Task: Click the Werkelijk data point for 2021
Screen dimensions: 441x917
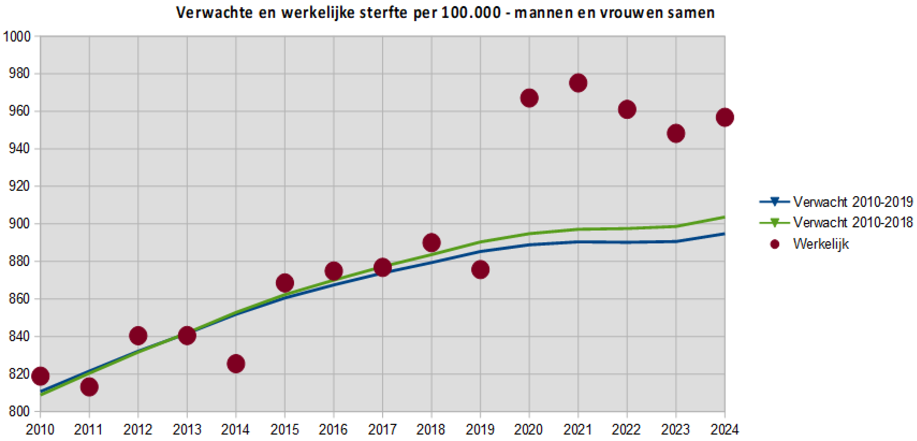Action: [578, 83]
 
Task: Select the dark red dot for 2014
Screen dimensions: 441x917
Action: [236, 364]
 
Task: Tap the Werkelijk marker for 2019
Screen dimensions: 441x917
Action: [480, 270]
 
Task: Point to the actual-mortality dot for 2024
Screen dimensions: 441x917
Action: [725, 117]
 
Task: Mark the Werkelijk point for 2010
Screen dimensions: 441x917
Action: [40, 376]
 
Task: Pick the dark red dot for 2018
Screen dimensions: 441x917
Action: [431, 243]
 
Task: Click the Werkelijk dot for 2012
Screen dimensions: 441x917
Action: [138, 336]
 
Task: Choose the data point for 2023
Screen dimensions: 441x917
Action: [676, 134]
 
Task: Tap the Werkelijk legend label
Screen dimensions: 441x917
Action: [821, 244]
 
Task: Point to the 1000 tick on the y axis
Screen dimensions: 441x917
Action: [17, 37]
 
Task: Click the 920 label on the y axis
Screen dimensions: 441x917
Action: [19, 186]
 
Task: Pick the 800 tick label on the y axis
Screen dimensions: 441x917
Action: [19, 411]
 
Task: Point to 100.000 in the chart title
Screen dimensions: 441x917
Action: [471, 13]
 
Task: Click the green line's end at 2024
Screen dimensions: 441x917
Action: [724, 217]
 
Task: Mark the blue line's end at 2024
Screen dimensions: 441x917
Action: [724, 234]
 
